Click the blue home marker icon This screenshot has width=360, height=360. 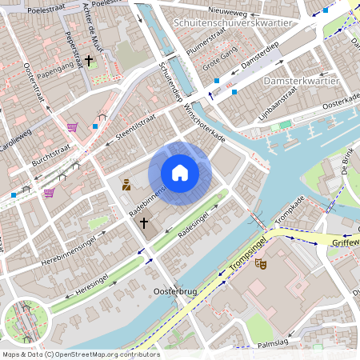coord(180,173)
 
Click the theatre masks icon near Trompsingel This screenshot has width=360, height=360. coord(260,262)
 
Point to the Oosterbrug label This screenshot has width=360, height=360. coord(174,293)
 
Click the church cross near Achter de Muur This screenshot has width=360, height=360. coord(89,60)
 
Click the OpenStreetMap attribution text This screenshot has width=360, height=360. coord(80,354)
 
